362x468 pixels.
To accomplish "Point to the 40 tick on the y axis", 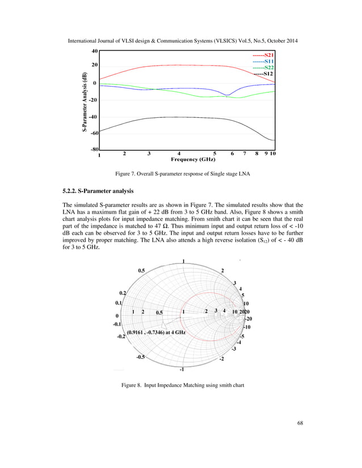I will coord(95,50).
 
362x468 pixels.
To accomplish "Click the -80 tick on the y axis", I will coord(94,150).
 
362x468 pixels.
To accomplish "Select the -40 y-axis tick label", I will coord(94,117).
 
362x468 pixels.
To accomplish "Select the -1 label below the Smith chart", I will coord(182,370).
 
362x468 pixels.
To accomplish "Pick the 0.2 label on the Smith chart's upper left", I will coord(122,292).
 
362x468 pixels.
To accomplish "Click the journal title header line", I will coord(180,42).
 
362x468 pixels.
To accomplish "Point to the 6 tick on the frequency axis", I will coord(232,154).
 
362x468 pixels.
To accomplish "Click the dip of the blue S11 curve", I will coord(227,95).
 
